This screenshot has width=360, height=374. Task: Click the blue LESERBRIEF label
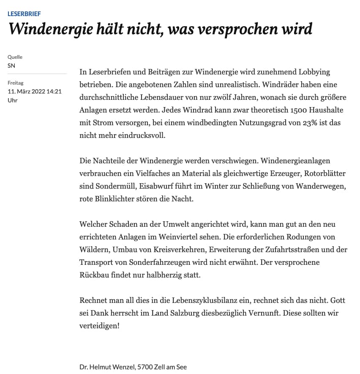click(24, 14)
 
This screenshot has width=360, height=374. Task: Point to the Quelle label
click(15, 57)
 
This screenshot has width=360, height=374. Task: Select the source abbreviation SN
click(11, 66)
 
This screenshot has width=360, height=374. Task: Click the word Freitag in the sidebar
click(16, 83)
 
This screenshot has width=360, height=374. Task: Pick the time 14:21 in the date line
click(54, 91)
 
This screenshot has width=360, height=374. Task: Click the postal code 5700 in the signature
click(145, 367)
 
